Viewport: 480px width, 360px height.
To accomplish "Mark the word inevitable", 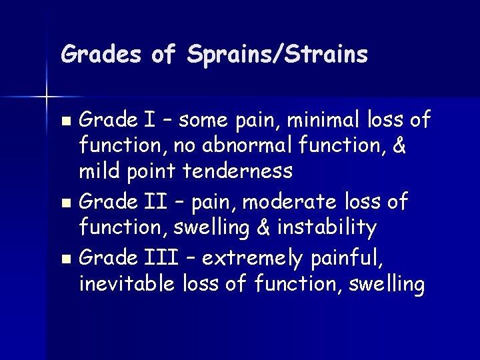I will coord(127,284).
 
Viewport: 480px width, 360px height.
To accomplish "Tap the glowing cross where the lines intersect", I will coord(47,97).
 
